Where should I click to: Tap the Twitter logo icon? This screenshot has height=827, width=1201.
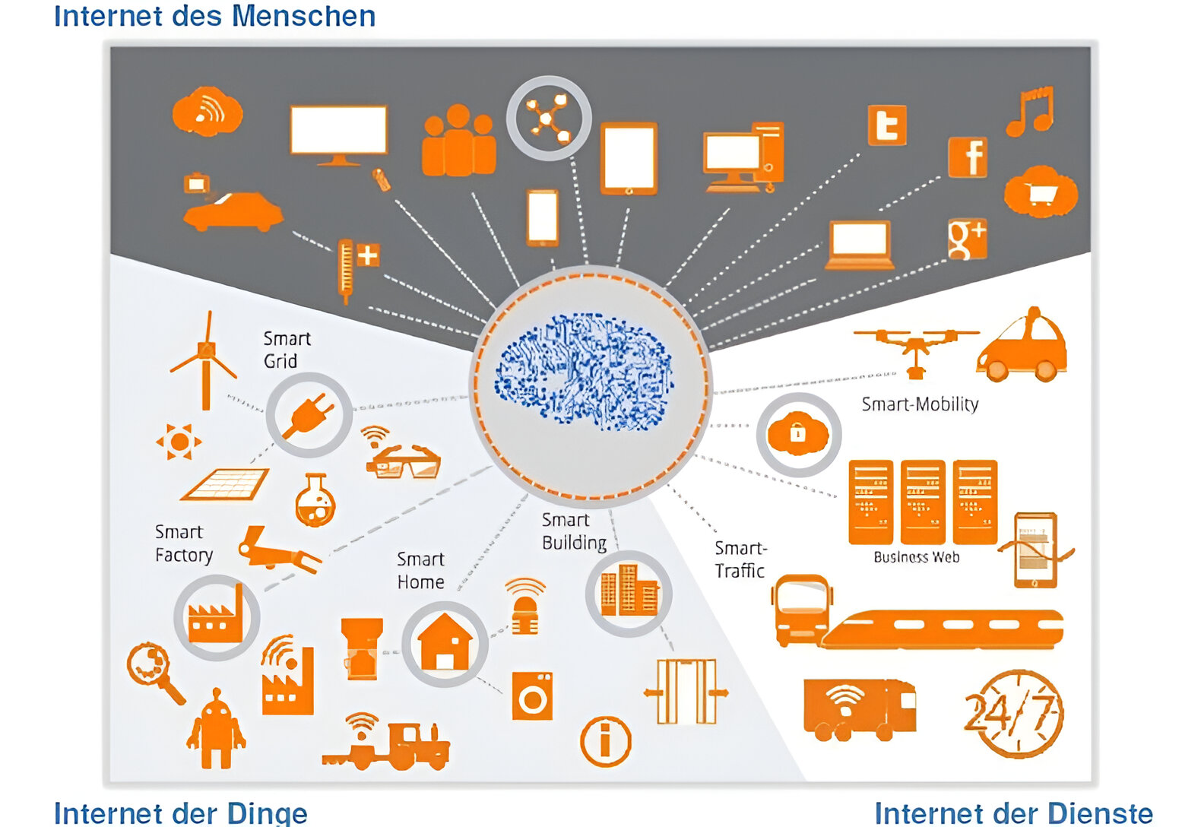tap(887, 125)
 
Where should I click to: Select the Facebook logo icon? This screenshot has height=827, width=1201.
tap(968, 157)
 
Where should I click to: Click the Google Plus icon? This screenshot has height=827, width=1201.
tap(967, 239)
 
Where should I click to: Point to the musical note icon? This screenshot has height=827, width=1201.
tap(1031, 111)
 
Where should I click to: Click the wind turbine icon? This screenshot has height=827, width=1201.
tap(204, 360)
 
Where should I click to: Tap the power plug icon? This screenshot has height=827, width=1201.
tap(308, 414)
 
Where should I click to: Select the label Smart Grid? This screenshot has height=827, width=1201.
tap(286, 350)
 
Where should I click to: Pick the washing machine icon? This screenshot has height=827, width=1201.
tap(532, 696)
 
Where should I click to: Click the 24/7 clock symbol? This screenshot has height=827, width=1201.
tap(1014, 713)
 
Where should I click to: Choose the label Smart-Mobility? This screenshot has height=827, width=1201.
tap(920, 404)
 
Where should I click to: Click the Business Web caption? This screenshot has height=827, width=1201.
tap(916, 557)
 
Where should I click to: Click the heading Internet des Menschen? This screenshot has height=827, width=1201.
tap(214, 16)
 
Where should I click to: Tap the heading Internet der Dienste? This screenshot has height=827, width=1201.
tap(1013, 813)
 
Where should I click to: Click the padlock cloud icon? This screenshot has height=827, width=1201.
tap(798, 435)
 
